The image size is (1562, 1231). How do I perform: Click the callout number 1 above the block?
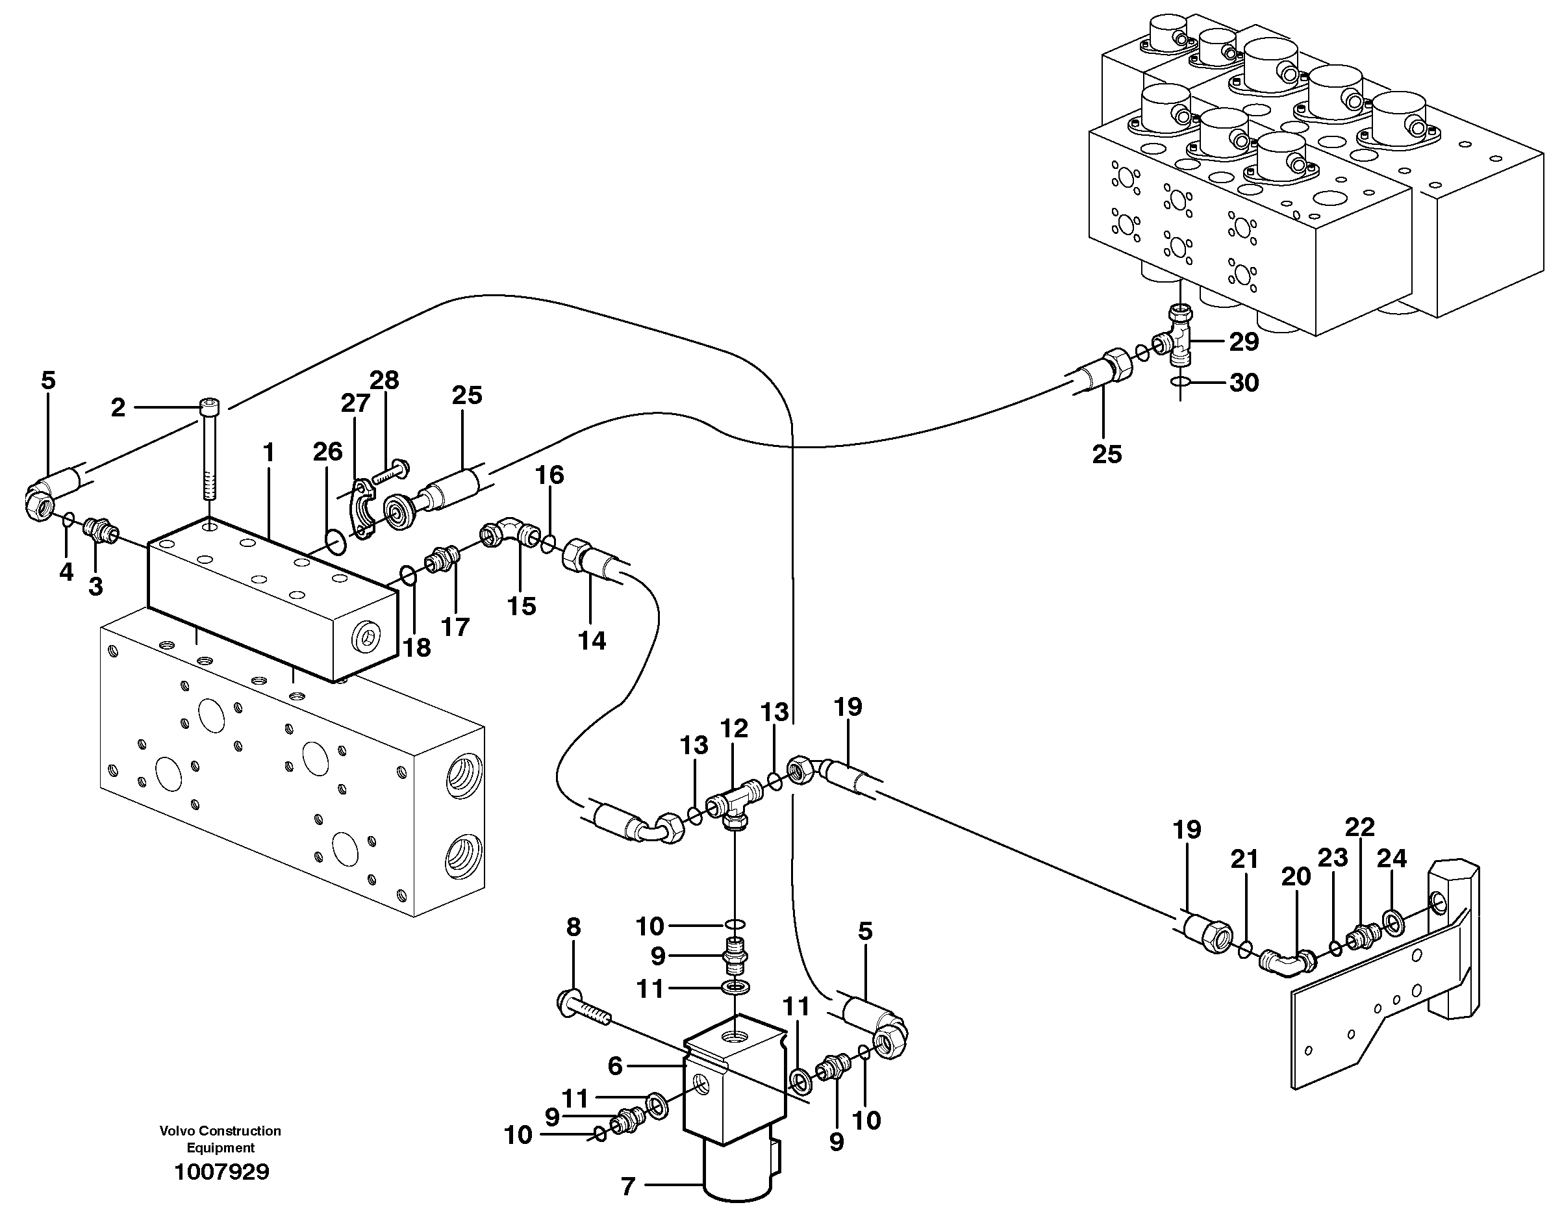pyautogui.click(x=269, y=453)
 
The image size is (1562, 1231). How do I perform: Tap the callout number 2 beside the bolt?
pyautogui.click(x=118, y=408)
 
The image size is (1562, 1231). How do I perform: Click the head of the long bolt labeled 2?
pyautogui.click(x=210, y=408)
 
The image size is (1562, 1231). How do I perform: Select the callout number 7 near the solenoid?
pyautogui.click(x=627, y=1186)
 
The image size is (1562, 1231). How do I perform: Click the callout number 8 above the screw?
pyautogui.click(x=573, y=928)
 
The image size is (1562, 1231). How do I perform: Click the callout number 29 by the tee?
pyautogui.click(x=1244, y=342)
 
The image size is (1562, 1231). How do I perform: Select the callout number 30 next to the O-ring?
pyautogui.click(x=1244, y=383)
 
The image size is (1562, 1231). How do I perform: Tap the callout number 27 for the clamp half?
pyautogui.click(x=355, y=403)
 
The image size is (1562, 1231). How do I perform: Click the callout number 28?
pyautogui.click(x=384, y=381)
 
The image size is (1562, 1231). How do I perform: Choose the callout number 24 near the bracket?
pyautogui.click(x=1391, y=858)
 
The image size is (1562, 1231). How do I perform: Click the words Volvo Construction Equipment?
pyautogui.click(x=220, y=1139)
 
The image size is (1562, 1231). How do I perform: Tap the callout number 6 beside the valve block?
pyautogui.click(x=614, y=1066)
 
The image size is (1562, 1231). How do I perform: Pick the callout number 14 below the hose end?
pyautogui.click(x=592, y=640)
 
